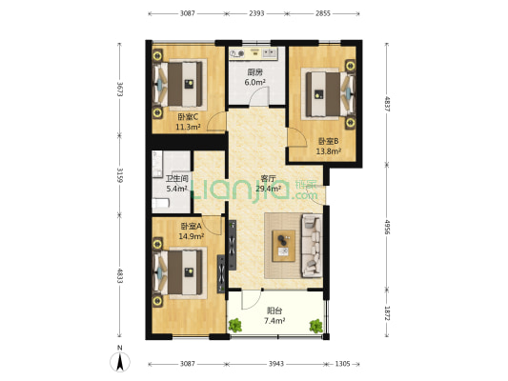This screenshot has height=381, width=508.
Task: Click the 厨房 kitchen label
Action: (255, 72)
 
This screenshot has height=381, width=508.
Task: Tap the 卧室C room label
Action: (188, 116)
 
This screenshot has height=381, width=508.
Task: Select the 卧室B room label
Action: (328, 141)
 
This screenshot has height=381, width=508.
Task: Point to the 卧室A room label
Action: (191, 227)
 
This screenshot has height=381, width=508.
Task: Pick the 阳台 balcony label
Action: (274, 311)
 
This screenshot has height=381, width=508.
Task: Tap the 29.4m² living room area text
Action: (268, 189)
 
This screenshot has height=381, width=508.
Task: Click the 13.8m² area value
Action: (328, 151)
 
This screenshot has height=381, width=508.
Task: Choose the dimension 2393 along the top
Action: (256, 13)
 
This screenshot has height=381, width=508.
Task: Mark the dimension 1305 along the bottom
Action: (342, 364)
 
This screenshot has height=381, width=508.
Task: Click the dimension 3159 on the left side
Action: (119, 175)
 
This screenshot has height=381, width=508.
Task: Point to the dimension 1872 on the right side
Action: (387, 313)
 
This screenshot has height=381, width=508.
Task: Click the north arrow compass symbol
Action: (120, 362)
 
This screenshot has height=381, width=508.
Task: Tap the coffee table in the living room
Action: (283, 246)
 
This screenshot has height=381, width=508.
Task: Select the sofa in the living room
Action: (312, 246)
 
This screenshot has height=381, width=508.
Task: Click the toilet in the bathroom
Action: (161, 203)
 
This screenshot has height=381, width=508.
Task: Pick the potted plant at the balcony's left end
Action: (235, 326)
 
